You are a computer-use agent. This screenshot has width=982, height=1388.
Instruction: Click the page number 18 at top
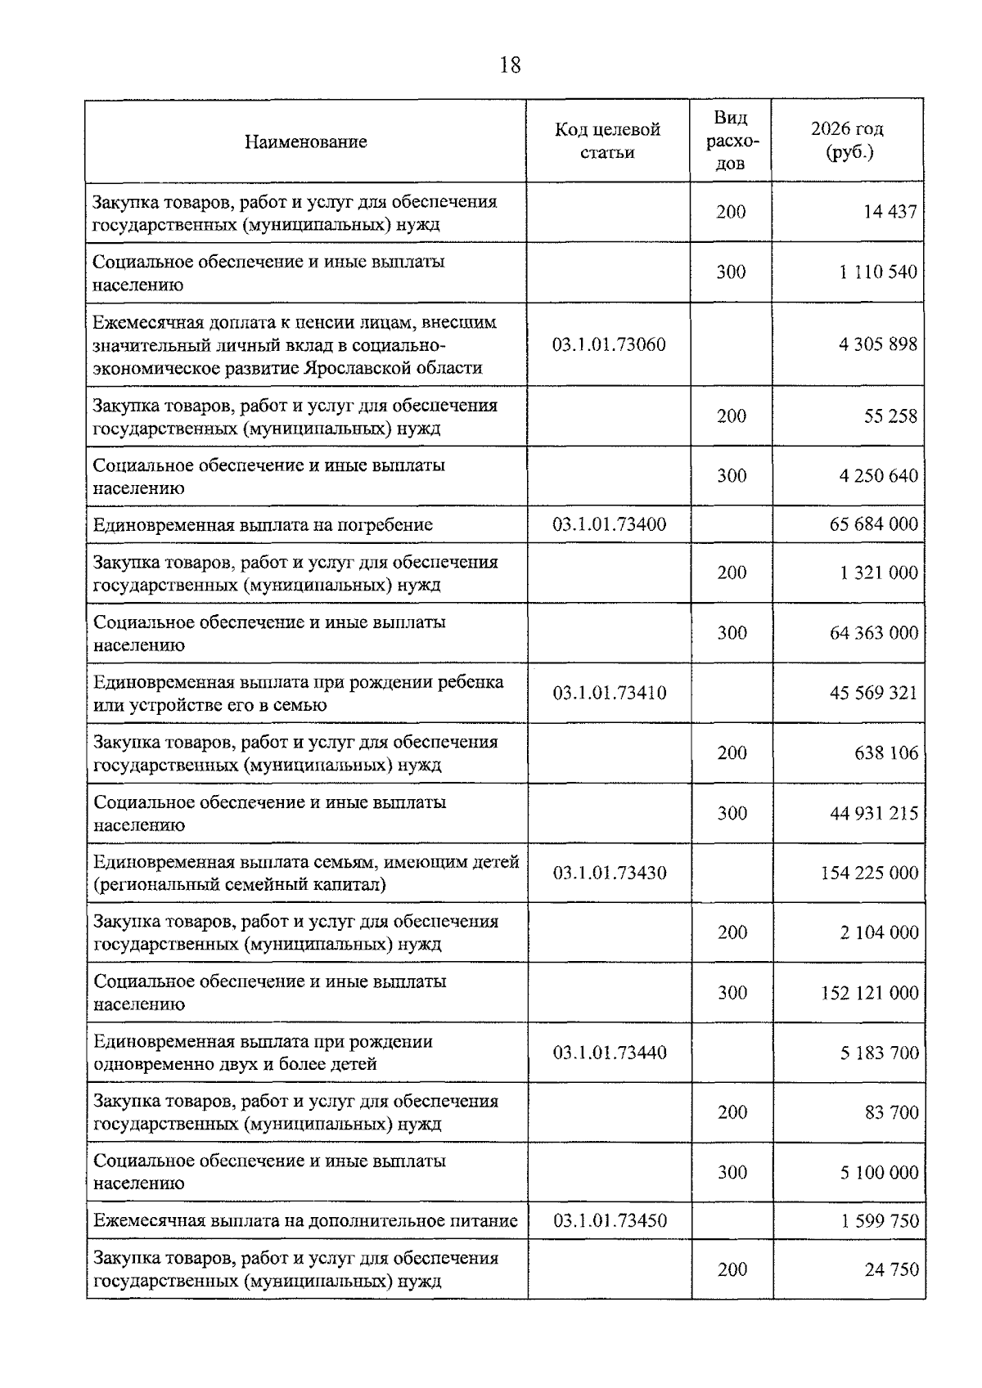point(509,65)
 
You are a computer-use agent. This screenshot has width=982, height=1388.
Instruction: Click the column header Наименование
point(305,142)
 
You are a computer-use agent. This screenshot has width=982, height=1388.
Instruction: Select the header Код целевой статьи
point(607,141)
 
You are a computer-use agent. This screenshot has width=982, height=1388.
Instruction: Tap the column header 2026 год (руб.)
point(847,141)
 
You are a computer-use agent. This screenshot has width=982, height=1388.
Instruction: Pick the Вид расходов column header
point(730,141)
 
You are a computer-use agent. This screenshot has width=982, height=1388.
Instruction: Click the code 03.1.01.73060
point(609,344)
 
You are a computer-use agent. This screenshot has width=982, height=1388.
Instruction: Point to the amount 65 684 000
point(873,524)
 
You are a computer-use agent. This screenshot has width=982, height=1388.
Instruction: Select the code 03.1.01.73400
point(609,524)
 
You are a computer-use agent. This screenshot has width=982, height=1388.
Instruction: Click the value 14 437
point(890,212)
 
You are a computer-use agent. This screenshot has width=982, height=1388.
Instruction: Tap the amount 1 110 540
point(877,272)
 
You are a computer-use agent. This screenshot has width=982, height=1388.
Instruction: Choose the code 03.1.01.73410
point(610,693)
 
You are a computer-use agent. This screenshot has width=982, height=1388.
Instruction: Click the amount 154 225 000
point(869,873)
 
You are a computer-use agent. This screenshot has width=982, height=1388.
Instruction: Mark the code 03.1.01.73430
point(610,873)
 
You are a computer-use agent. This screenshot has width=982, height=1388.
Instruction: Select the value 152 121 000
point(869,993)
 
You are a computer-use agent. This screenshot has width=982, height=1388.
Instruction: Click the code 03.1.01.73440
point(610,1053)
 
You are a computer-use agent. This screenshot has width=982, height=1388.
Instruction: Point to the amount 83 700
point(891,1112)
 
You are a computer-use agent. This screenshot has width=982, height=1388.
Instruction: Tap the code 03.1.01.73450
point(610,1221)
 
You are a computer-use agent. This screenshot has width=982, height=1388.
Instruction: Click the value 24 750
point(891,1269)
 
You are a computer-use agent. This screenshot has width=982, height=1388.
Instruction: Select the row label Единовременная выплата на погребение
point(263,525)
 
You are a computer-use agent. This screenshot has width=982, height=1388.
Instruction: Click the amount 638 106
point(886,753)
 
